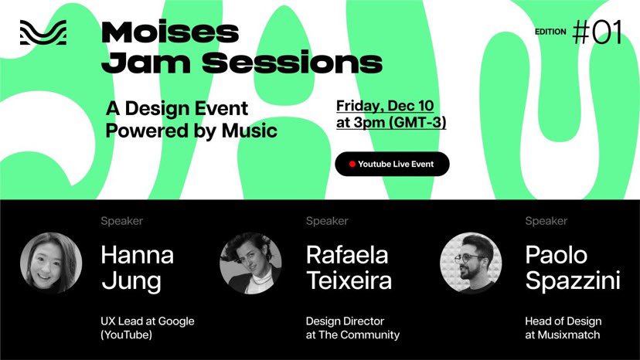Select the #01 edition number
pyautogui.click(x=597, y=32)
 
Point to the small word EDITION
pyautogui.click(x=551, y=32)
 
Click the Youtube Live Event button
pyautogui.click(x=392, y=164)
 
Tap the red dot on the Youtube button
pyautogui.click(x=352, y=164)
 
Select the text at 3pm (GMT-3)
pyautogui.click(x=391, y=122)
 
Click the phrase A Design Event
pyautogui.click(x=177, y=108)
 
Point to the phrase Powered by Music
pyautogui.click(x=191, y=131)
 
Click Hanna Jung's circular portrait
pyautogui.click(x=51, y=263)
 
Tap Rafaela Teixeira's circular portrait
pyautogui.click(x=250, y=263)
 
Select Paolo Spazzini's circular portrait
pyautogui.click(x=471, y=263)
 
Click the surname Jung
pyautogui.click(x=131, y=280)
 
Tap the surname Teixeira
pyautogui.click(x=348, y=280)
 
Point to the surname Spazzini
pyautogui.click(x=573, y=280)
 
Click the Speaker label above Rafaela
pyautogui.click(x=327, y=221)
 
